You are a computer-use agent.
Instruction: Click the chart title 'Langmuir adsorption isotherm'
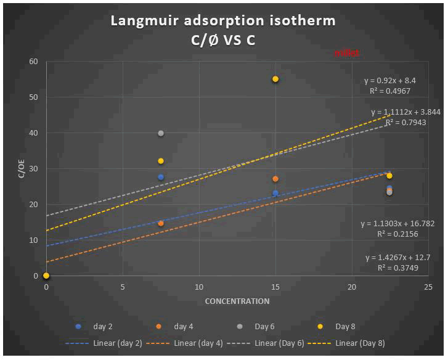click(223, 20)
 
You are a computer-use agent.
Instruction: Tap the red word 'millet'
click(347, 54)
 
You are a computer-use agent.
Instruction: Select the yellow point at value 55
click(275, 79)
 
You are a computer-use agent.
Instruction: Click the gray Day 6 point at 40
click(161, 133)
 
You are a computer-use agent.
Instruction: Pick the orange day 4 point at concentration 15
click(275, 179)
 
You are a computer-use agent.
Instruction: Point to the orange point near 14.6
click(161, 223)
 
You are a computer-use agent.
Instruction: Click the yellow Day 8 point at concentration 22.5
click(389, 176)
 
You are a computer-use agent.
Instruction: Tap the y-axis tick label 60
click(33, 62)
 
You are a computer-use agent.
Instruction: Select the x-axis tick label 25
click(428, 288)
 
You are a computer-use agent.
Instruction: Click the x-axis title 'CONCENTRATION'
click(237, 301)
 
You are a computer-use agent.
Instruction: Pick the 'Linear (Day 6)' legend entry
click(274, 343)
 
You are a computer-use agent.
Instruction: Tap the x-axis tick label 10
click(199, 288)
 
